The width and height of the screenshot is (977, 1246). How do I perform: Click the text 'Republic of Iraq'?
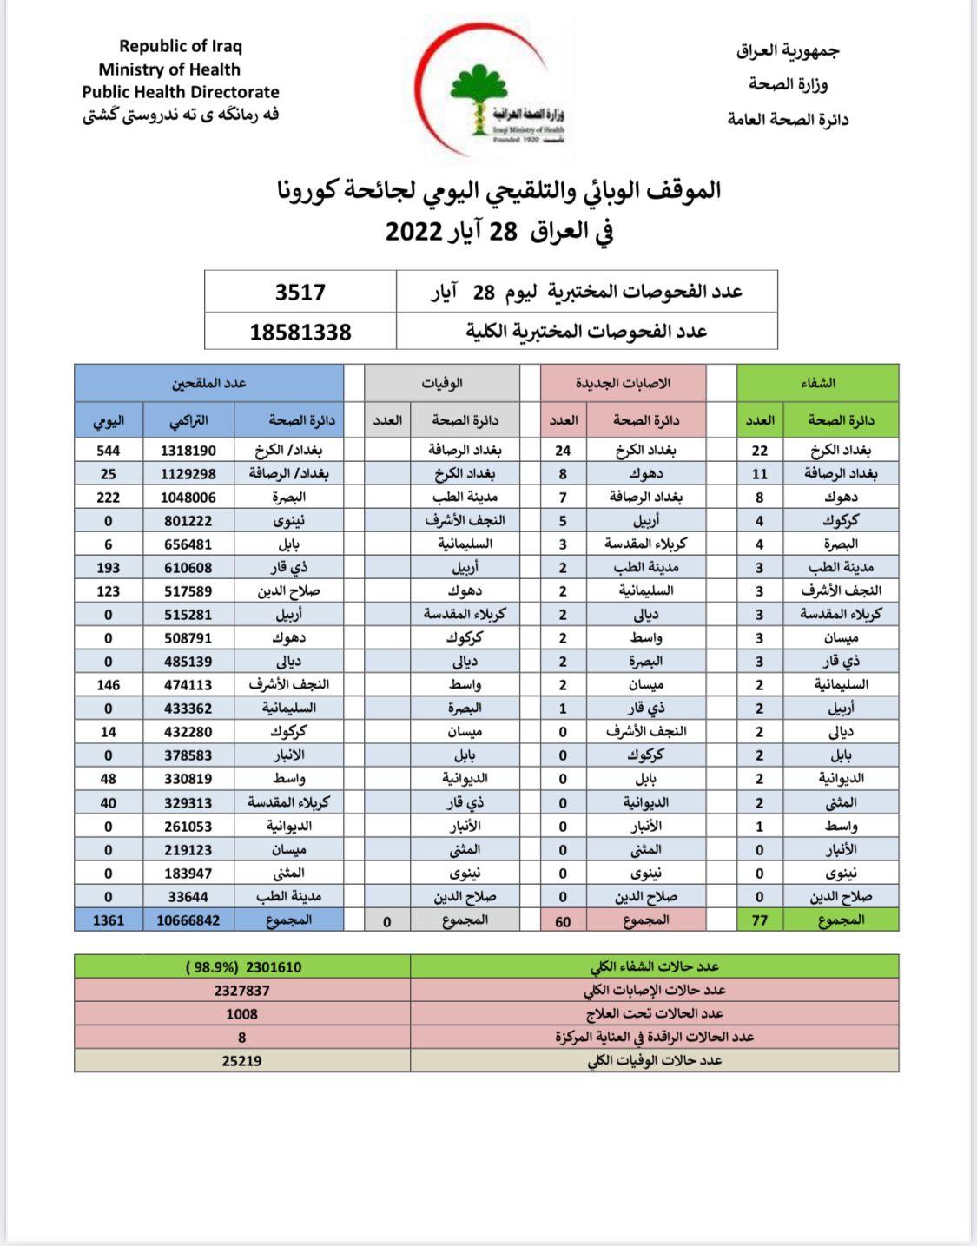click(181, 47)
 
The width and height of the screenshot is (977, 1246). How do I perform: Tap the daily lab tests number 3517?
click(300, 293)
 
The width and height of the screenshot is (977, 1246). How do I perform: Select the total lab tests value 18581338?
click(300, 332)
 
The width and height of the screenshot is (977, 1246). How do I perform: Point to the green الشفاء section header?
click(817, 383)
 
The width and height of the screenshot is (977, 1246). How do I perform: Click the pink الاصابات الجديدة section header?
click(623, 383)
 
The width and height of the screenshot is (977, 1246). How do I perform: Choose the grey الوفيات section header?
click(441, 383)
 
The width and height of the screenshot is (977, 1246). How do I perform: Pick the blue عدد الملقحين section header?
click(208, 383)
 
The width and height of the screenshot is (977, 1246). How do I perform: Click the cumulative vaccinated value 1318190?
click(188, 451)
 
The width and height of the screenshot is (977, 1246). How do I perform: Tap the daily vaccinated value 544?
click(109, 451)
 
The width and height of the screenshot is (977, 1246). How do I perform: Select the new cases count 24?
click(563, 451)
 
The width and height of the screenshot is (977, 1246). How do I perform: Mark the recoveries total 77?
click(760, 920)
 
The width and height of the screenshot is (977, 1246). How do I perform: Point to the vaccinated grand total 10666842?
click(188, 920)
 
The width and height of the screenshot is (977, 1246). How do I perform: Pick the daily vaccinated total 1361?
click(109, 920)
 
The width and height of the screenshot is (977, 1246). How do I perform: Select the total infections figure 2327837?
click(241, 991)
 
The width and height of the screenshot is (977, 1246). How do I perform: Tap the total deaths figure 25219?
click(241, 1061)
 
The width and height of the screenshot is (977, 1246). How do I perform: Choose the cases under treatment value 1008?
click(241, 1014)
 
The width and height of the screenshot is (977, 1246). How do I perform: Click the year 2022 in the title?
click(415, 232)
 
